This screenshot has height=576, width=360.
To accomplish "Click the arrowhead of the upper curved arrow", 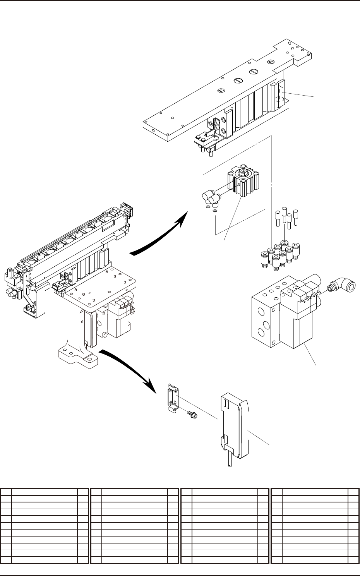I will pos(183,220).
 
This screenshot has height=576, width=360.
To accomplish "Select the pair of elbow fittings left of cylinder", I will pos(211,198).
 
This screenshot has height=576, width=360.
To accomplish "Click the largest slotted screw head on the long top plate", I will pos(254,72).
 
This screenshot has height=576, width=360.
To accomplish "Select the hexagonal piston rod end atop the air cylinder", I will pos(243,172).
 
